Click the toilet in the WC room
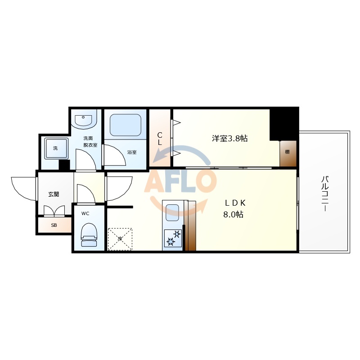coord(88,233)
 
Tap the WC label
coord(85,214)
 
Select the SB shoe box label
coord(54,225)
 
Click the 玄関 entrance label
coord(54,194)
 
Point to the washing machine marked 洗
coord(55,148)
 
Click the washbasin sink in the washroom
coord(84,120)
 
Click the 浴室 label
coord(131,153)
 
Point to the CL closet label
coord(160,138)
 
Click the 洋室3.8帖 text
coord(229,139)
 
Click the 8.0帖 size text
coord(233,215)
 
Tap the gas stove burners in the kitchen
coord(173,238)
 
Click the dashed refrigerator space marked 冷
coord(120,238)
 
